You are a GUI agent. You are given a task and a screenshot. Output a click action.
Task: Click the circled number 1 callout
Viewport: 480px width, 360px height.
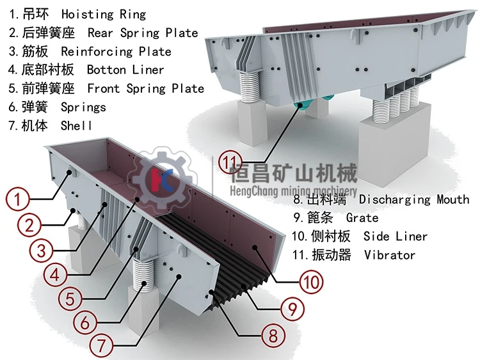(18, 199)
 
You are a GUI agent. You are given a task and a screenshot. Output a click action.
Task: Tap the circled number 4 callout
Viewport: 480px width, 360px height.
(56, 274)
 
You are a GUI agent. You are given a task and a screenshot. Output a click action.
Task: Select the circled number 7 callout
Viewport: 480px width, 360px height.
(101, 346)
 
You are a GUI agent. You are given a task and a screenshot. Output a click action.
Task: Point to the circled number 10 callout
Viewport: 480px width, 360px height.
(311, 281)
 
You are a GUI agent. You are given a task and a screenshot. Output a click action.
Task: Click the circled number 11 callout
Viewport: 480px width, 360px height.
(230, 162)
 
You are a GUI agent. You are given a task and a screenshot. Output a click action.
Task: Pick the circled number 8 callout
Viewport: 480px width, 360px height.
(273, 335)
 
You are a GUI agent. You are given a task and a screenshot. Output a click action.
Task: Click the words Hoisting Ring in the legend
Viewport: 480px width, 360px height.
(104, 14)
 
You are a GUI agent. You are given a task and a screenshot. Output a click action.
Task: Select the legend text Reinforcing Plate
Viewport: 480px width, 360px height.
(116, 51)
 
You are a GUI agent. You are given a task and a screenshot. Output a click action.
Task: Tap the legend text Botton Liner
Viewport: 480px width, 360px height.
(125, 70)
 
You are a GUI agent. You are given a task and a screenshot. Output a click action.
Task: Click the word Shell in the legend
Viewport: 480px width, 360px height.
(76, 125)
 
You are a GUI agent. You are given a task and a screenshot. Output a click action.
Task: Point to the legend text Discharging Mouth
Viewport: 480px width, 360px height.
(414, 200)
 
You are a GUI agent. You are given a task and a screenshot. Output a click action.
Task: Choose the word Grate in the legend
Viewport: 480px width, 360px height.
(362, 218)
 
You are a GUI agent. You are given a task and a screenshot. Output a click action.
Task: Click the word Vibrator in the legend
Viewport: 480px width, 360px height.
(390, 254)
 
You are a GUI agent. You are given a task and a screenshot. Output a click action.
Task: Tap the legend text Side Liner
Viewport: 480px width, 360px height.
(396, 236)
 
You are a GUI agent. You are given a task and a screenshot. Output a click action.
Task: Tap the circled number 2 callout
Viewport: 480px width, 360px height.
(29, 226)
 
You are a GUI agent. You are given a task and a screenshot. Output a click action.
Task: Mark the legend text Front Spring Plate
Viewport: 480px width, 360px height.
(146, 89)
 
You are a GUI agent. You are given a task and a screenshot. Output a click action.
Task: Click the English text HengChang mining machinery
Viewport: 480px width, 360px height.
(293, 191)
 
